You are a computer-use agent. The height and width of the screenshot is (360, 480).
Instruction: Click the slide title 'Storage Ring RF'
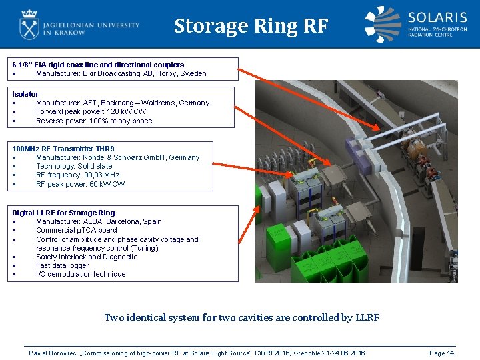pos(251,26)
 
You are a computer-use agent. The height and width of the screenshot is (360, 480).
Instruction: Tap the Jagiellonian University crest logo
pos(29,25)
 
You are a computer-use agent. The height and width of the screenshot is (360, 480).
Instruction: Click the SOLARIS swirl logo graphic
pos(383,24)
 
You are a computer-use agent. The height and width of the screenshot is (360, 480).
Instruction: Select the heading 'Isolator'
pos(25,94)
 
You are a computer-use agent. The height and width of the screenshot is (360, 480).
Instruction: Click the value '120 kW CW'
pos(127,111)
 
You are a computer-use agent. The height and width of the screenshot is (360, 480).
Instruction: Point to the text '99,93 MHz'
pos(101,175)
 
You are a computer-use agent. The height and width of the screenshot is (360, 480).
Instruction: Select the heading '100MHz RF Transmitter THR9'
pos(63,149)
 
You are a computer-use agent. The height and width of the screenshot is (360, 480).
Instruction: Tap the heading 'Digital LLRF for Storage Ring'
pos(64,213)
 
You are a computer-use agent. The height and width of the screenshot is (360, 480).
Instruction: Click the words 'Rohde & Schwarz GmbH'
pos(125,157)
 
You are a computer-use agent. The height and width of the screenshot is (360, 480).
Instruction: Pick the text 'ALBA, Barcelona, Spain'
pos(122,221)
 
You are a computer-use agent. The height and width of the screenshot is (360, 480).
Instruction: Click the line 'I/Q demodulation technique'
pos(81,274)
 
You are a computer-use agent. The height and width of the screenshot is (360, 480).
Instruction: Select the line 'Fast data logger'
pos(63,265)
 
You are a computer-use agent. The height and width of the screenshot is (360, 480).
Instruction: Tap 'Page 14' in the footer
pos(442,353)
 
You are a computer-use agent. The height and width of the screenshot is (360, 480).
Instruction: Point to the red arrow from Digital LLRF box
pos(249,225)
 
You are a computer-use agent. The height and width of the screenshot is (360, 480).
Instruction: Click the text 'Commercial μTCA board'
pos(77,230)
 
